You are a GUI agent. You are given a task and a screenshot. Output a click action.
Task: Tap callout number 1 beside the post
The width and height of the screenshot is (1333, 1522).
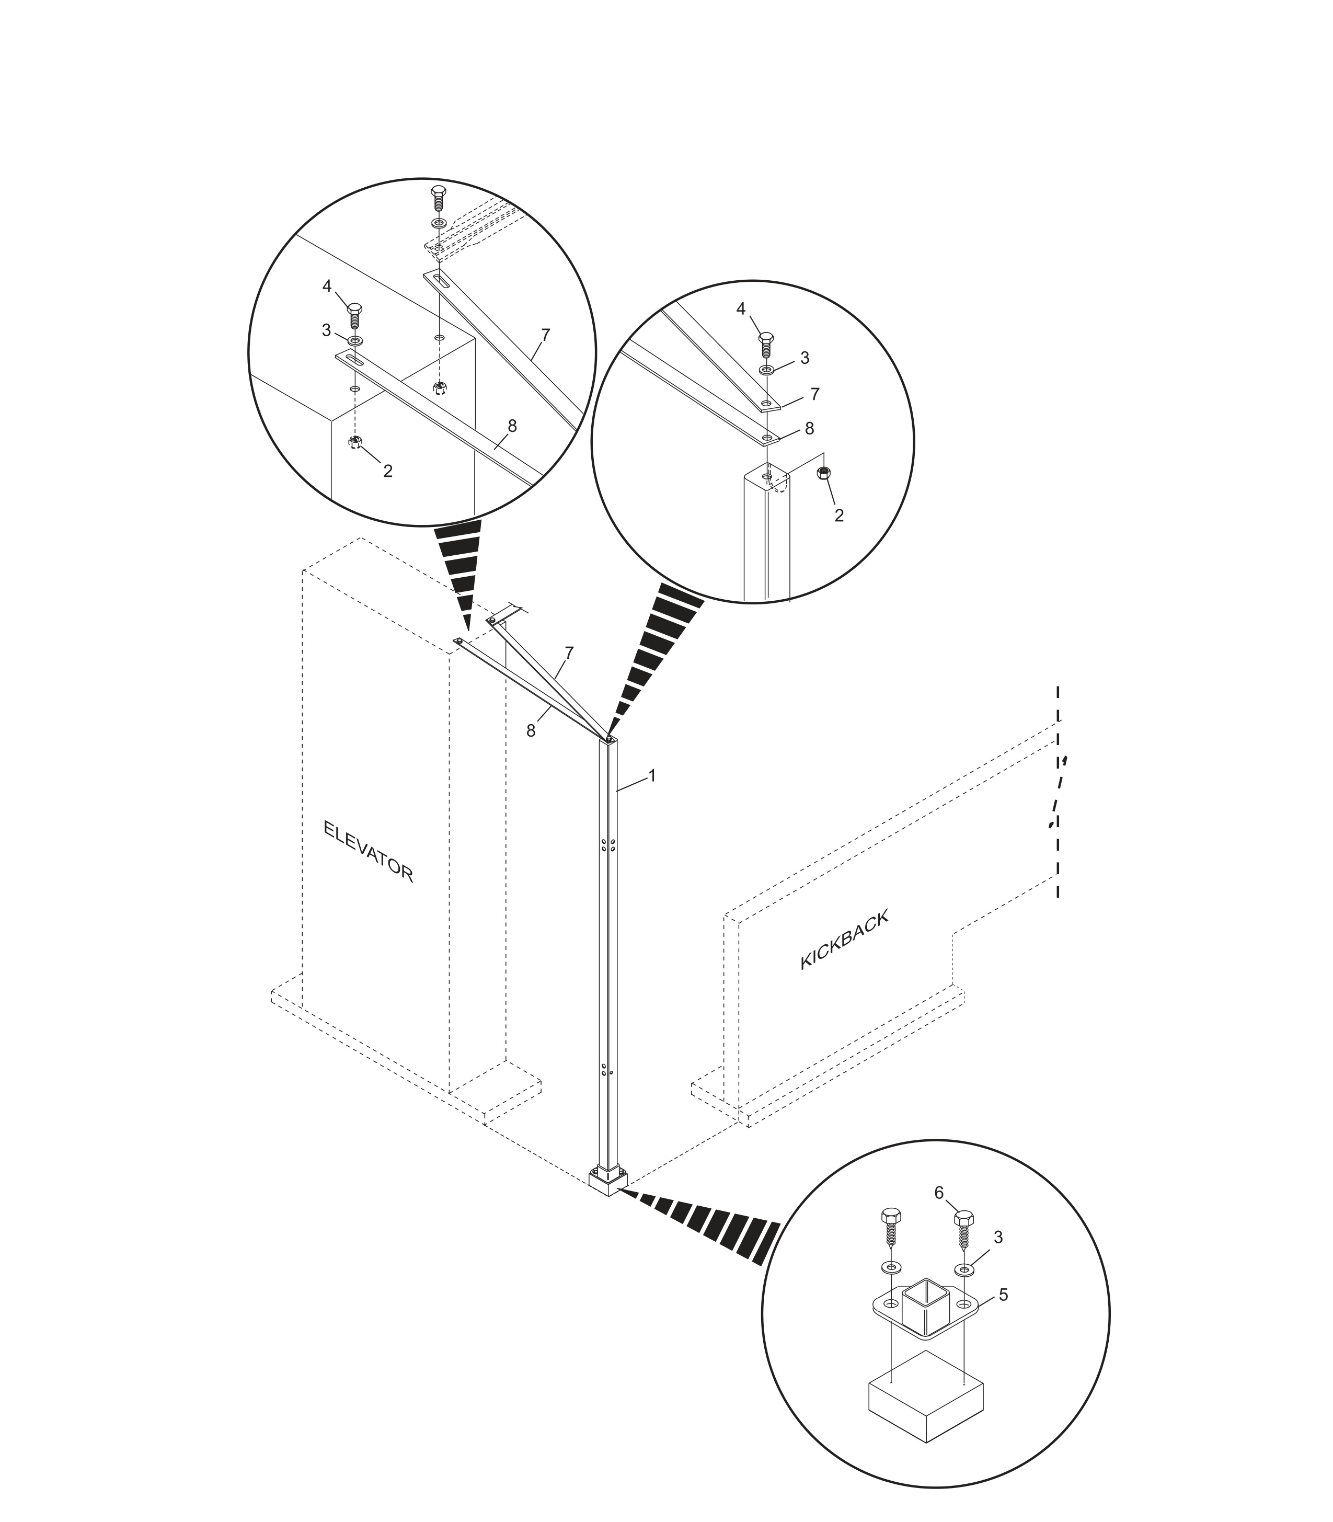pyautogui.click(x=652, y=776)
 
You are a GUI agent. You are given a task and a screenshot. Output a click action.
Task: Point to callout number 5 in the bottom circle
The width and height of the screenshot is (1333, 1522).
pyautogui.click(x=1004, y=1295)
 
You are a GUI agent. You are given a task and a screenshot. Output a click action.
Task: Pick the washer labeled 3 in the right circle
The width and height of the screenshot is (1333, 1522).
pyautogui.click(x=767, y=370)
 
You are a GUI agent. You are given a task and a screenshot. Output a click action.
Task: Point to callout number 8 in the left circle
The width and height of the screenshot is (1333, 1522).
pyautogui.click(x=512, y=426)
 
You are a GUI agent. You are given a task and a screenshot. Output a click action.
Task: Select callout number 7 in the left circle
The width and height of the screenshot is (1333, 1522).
pyautogui.click(x=545, y=336)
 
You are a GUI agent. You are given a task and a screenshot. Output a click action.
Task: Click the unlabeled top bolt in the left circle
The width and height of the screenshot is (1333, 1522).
pyautogui.click(x=439, y=199)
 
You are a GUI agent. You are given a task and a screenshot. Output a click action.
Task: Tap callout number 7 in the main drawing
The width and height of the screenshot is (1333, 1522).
pyautogui.click(x=569, y=653)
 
